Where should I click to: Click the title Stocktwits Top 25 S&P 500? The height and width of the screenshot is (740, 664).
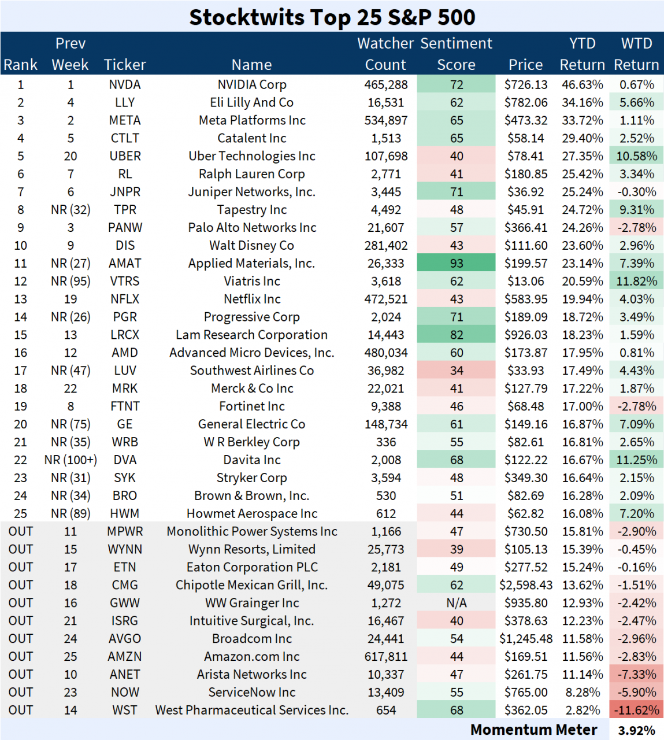pyautogui.click(x=332, y=17)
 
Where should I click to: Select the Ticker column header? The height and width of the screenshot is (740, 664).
pyautogui.click(x=125, y=65)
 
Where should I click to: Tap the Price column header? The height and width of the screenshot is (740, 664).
pyautogui.click(x=525, y=65)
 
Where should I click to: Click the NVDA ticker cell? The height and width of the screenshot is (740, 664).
pyautogui.click(x=125, y=84)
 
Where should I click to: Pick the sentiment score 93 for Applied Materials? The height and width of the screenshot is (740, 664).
pyautogui.click(x=457, y=263)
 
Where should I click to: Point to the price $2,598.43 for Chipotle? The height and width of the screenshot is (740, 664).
pyautogui.click(x=525, y=585)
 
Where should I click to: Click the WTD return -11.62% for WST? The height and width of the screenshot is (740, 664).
pyautogui.click(x=636, y=710)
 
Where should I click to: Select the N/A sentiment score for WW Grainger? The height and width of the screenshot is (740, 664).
pyautogui.click(x=457, y=603)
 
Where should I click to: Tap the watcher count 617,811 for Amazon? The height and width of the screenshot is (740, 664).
pyautogui.click(x=386, y=657)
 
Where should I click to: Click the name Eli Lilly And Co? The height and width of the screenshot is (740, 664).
pyautogui.click(x=251, y=102)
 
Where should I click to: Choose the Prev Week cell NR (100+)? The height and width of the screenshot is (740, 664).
pyautogui.click(x=71, y=460)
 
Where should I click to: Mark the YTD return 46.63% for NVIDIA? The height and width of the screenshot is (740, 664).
pyautogui.click(x=582, y=84)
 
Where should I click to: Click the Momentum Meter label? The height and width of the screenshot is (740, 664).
pyautogui.click(x=533, y=730)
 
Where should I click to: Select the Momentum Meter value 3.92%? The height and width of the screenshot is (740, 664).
pyautogui.click(x=636, y=730)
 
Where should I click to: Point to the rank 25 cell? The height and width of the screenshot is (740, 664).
pyautogui.click(x=21, y=513)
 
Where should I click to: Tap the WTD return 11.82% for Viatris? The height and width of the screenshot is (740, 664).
pyautogui.click(x=636, y=281)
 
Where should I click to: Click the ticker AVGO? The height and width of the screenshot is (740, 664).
pyautogui.click(x=125, y=639)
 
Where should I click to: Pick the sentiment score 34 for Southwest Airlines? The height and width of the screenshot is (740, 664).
pyautogui.click(x=457, y=371)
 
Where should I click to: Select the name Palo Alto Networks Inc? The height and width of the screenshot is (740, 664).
pyautogui.click(x=252, y=228)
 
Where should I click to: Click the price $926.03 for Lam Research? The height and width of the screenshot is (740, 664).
pyautogui.click(x=525, y=335)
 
